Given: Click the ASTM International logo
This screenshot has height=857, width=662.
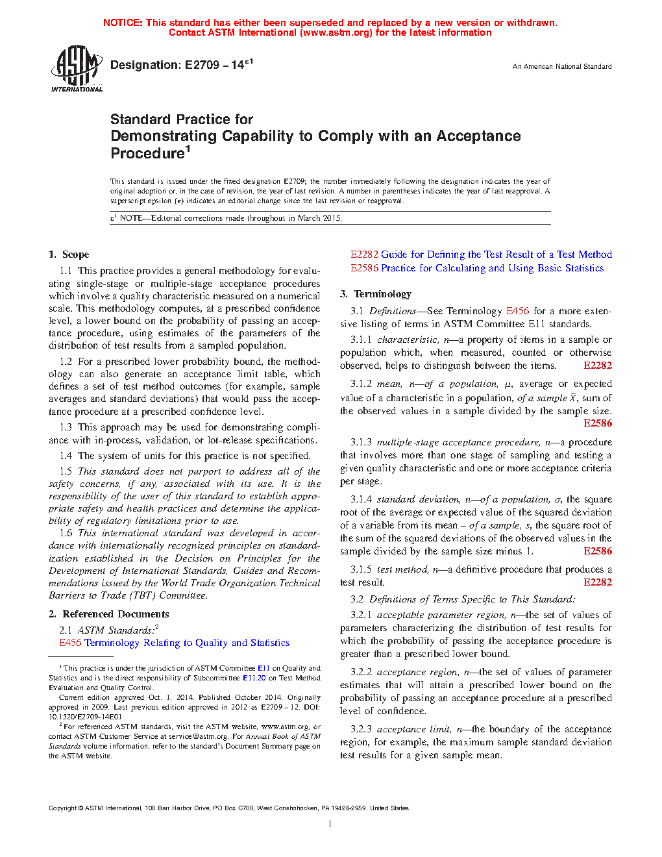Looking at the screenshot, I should [76, 68].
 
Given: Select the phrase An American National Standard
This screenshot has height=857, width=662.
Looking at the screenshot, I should [561, 66].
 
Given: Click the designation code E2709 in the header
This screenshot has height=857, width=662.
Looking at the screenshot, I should [202, 65].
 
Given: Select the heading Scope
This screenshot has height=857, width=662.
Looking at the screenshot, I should [75, 255].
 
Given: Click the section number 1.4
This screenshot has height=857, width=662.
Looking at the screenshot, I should [66, 456].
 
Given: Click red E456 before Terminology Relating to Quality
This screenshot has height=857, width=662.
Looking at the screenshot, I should [70, 643].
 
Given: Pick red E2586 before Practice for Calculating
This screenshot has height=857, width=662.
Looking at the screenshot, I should [364, 268].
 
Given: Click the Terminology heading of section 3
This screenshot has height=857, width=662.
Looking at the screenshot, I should [382, 294].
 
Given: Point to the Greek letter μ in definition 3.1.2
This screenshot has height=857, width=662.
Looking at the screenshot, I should [508, 384].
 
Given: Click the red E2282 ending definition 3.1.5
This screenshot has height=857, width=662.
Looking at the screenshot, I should [597, 582].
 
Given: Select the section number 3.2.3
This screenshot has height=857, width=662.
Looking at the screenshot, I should [361, 729].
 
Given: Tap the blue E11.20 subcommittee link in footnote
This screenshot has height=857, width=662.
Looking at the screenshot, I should [254, 678].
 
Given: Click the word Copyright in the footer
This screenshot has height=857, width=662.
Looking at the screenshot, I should [62, 808].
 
